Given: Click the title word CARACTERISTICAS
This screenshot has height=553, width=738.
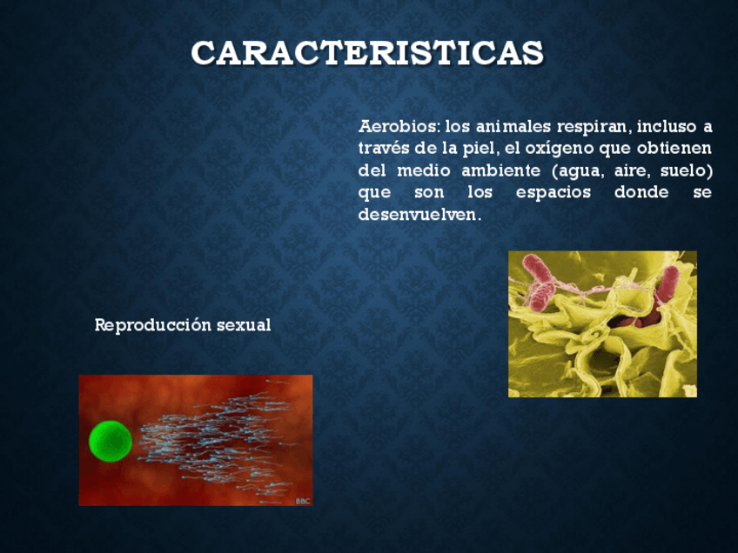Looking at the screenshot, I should coord(367,53).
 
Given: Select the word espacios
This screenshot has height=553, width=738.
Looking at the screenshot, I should coord(553,192).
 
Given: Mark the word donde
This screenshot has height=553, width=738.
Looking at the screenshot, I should coord(641,192).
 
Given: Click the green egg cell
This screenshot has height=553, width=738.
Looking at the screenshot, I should coord(110,441).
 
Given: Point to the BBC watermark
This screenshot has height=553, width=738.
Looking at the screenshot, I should coord(302,501).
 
